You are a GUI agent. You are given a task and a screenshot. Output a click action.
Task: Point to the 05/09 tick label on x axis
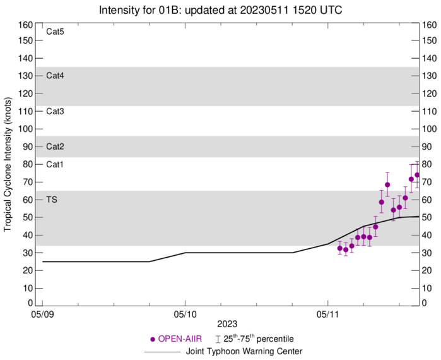pos(42,314)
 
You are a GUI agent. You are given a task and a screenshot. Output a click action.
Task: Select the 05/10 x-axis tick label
pos(185,314)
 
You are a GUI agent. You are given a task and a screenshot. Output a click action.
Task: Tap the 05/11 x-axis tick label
pos(327,314)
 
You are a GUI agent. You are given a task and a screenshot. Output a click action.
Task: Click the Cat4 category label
pos(56,75)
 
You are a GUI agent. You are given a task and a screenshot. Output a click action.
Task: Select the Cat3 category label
pos(56,111)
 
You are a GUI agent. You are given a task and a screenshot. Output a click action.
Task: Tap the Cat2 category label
pos(56,147)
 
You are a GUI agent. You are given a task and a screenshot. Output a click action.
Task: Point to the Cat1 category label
pos(56,164)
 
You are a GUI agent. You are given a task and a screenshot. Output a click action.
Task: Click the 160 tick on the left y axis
pos(26,25)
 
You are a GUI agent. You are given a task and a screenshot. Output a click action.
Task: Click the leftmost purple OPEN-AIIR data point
pos(339,248)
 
